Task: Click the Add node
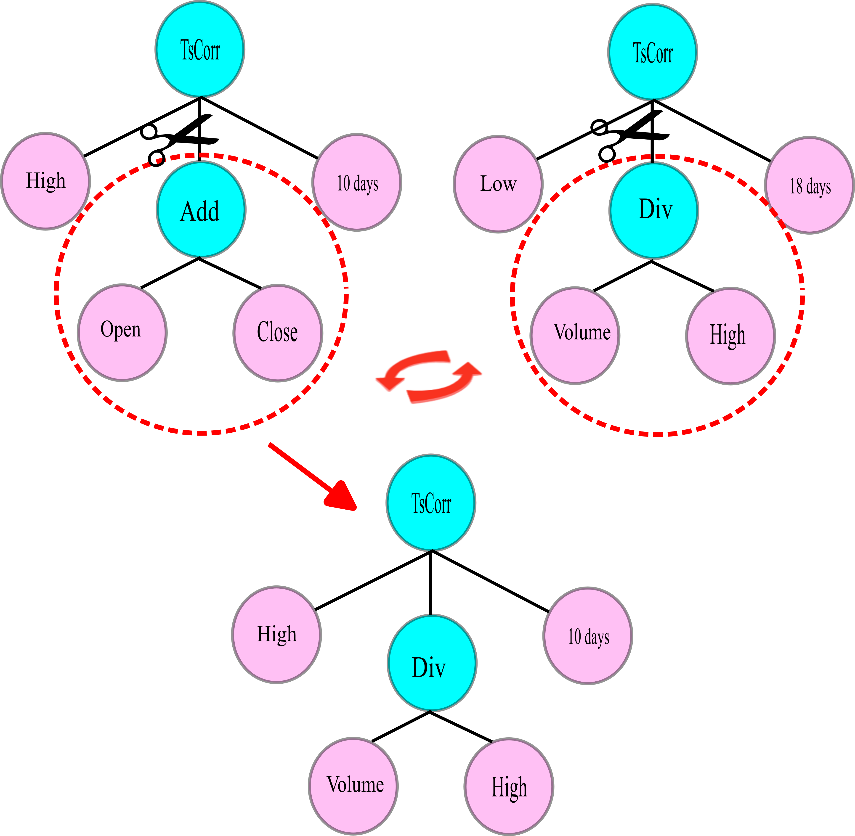click(x=201, y=210)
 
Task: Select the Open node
click(x=122, y=332)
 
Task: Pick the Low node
click(x=498, y=184)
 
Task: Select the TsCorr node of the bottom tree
click(x=431, y=503)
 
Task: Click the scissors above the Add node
click(x=178, y=139)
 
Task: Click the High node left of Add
click(x=46, y=181)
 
